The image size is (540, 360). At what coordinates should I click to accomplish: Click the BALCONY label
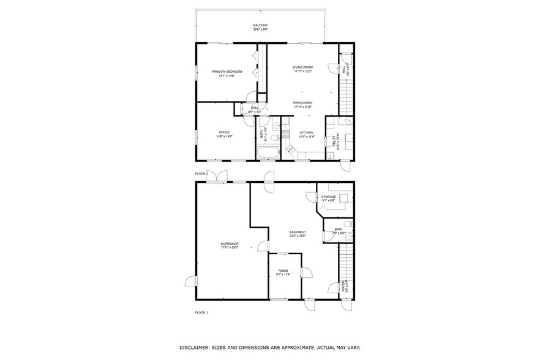click(x=261, y=25)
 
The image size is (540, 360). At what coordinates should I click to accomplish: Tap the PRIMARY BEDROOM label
click(x=227, y=72)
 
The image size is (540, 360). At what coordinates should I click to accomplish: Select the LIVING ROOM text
click(x=302, y=67)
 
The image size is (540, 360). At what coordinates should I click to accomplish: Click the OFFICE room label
click(x=224, y=132)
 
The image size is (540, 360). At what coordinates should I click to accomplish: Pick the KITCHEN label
click(x=307, y=132)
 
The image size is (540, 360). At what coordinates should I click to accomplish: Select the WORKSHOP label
click(x=230, y=244)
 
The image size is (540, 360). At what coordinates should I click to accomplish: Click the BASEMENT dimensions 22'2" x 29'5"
click(x=298, y=236)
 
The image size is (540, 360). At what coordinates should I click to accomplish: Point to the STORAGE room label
click(x=329, y=197)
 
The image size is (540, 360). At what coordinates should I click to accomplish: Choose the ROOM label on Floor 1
click(x=283, y=271)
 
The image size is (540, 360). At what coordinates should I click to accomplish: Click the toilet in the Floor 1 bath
click(x=348, y=236)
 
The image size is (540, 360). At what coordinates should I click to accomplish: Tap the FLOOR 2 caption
click(x=201, y=174)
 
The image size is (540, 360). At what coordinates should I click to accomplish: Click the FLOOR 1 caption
click(x=201, y=312)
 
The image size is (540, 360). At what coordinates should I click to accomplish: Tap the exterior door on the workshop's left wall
click(x=190, y=282)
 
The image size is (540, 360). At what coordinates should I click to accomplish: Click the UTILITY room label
click(x=334, y=141)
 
